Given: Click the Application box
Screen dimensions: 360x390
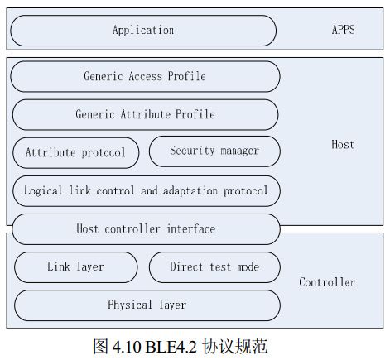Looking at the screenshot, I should click(143, 31).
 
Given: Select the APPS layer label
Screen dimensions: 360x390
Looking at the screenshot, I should click(342, 31).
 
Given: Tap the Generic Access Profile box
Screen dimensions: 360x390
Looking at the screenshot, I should click(145, 76).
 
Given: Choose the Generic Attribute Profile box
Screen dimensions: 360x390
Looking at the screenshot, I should click(145, 114).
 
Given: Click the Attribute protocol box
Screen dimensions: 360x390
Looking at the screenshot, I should click(75, 152).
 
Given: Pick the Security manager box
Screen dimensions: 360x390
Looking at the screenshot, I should click(214, 151).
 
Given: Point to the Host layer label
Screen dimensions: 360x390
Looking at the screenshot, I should click(342, 145).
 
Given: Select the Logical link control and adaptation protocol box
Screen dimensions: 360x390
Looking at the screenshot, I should click(146, 190).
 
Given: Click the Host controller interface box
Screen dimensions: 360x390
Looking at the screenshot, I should click(146, 229).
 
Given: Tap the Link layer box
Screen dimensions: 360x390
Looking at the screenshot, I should click(75, 266).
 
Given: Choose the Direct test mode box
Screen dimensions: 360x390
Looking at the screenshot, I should click(214, 266).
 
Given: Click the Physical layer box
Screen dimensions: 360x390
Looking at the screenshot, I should click(147, 305).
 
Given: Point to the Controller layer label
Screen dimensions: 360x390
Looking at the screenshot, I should click(327, 282).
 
